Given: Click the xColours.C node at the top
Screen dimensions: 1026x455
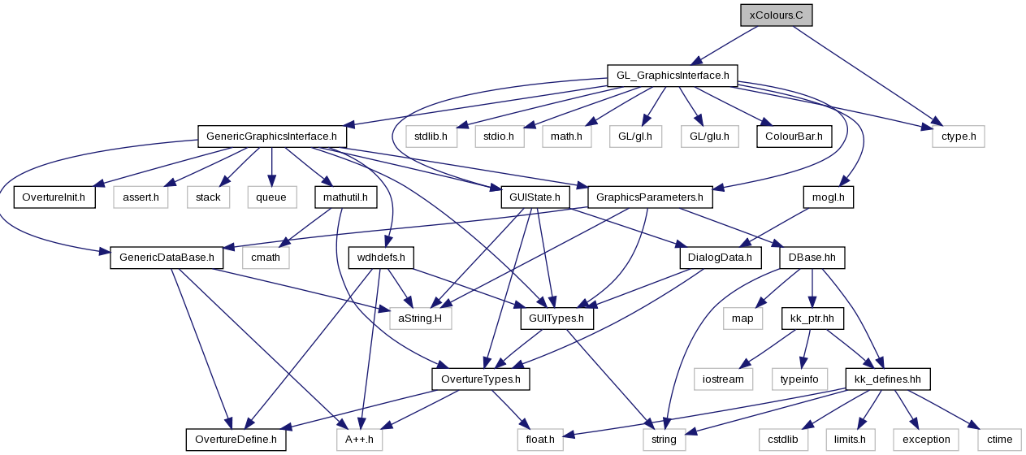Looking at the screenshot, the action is [777, 15].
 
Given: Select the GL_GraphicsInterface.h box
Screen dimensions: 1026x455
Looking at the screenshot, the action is [673, 76].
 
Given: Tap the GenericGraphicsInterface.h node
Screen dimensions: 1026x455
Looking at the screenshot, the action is [272, 136].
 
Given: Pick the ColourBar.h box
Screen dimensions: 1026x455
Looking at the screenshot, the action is [794, 136].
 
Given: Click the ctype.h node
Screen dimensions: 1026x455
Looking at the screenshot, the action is [959, 136].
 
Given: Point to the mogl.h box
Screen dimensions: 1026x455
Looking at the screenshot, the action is [829, 197].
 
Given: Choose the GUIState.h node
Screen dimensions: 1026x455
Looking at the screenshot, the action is [535, 197].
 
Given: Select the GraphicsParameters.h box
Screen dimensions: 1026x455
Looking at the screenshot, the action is [650, 197].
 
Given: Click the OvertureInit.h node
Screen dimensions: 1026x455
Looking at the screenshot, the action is [54, 197].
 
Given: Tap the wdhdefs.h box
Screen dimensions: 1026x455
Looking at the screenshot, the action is [381, 258].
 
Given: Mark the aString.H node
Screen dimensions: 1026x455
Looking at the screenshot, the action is [421, 318].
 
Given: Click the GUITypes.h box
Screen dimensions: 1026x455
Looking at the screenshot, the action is [557, 318].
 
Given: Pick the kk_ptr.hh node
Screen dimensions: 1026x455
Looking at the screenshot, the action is [812, 318].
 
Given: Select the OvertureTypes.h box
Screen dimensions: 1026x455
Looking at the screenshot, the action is [481, 379].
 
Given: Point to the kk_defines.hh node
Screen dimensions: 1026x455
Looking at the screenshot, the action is [888, 379].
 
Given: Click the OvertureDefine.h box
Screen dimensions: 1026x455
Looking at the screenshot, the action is [236, 440].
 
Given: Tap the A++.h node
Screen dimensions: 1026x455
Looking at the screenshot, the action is [360, 440].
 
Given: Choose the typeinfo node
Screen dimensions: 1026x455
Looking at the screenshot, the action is [799, 379].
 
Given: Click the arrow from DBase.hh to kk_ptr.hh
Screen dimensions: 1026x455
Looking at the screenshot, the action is [812, 288].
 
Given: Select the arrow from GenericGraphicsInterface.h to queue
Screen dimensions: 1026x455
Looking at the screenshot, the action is [271, 167].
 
